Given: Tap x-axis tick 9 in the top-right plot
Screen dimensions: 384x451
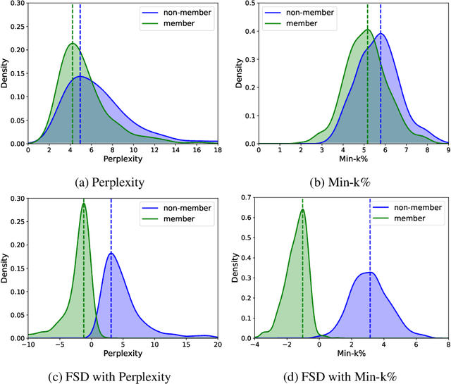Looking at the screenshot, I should [x=447, y=150].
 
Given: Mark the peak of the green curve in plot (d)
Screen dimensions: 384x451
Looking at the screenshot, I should [x=302, y=209].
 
